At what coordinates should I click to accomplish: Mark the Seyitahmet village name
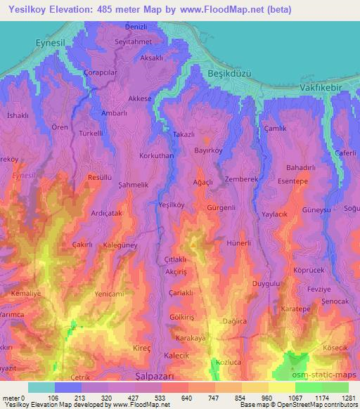coord(133,41)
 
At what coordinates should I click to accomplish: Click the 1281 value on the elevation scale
coord(349,398)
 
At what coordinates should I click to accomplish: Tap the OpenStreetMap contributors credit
coord(319,405)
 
